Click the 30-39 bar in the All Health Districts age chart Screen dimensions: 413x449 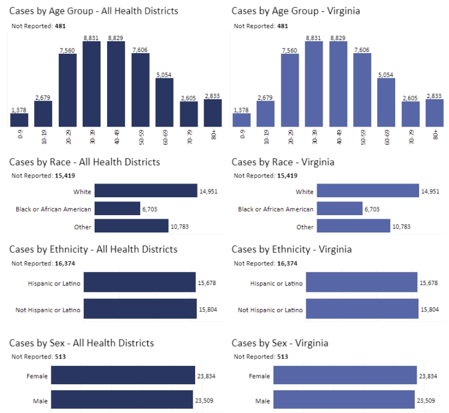[x=92, y=84]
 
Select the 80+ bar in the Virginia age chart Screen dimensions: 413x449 [x=435, y=113]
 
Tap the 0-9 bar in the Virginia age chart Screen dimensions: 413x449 [x=242, y=120]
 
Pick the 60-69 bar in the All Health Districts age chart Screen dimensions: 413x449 [x=165, y=102]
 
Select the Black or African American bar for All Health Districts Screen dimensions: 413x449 [x=117, y=209]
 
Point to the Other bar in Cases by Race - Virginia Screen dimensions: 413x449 [x=353, y=227]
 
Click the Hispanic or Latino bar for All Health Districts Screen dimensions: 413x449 [x=139, y=283]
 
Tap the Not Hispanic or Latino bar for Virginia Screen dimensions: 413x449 [x=362, y=310]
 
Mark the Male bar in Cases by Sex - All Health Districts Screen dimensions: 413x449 [x=122, y=400]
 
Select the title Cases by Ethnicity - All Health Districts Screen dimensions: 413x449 [x=93, y=249]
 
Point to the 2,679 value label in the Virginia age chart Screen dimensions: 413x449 [x=266, y=97]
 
